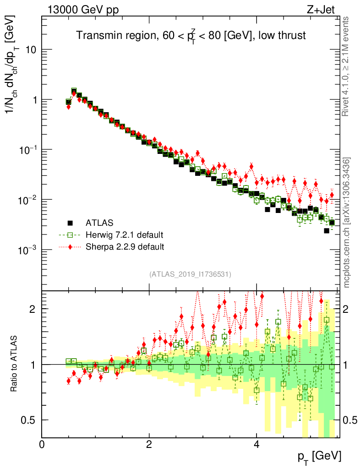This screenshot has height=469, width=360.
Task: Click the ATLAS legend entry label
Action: (99, 223)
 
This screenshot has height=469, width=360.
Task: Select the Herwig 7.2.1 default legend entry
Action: (124, 235)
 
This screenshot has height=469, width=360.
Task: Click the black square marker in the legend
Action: (70, 223)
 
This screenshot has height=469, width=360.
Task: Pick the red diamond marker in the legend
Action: (70, 247)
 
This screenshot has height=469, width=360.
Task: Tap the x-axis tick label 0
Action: (42, 445)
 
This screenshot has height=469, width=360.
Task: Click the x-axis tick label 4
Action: (256, 445)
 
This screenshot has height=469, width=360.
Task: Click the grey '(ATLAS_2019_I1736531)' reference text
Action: (190, 274)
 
